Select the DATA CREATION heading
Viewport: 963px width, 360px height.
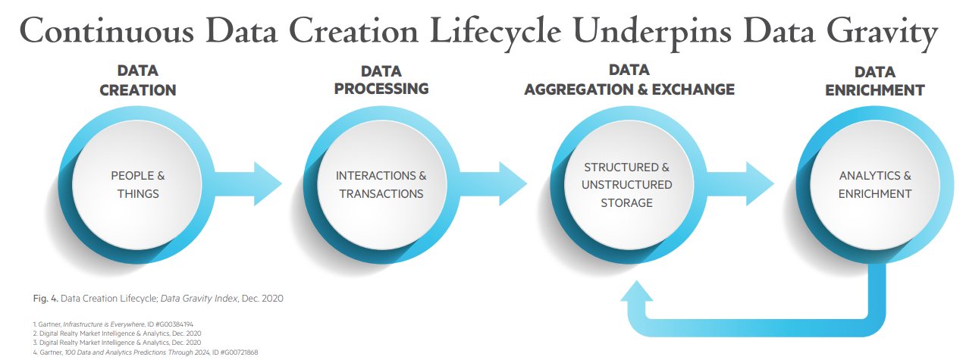click(138, 80)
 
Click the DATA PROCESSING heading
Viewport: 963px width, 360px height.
click(381, 80)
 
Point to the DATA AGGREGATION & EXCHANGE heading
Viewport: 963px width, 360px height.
click(629, 80)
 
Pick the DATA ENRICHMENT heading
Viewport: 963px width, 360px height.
click(875, 81)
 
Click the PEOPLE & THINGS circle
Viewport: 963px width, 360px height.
click(136, 185)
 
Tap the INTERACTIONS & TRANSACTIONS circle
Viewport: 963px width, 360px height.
click(381, 185)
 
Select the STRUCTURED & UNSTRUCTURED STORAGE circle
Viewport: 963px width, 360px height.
click(629, 185)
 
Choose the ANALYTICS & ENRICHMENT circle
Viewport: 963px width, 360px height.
click(875, 185)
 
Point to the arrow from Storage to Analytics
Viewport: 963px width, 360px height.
click(740, 184)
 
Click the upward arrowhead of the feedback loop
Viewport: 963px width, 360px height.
click(637, 291)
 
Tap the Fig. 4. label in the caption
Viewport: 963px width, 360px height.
click(45, 299)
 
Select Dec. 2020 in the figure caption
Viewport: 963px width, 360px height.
click(262, 299)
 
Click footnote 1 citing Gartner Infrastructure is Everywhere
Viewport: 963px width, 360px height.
click(113, 324)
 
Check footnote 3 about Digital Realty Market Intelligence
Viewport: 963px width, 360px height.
click(117, 343)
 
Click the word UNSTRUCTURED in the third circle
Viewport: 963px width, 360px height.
click(627, 185)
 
